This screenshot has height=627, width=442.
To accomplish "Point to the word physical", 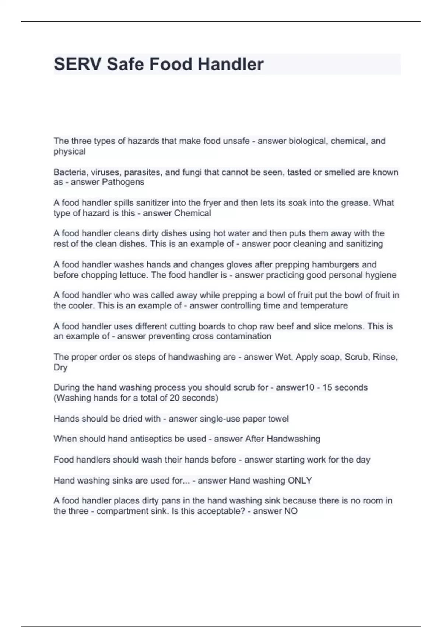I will click(x=69, y=151).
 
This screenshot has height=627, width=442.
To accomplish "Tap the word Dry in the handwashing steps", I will click(x=60, y=367).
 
